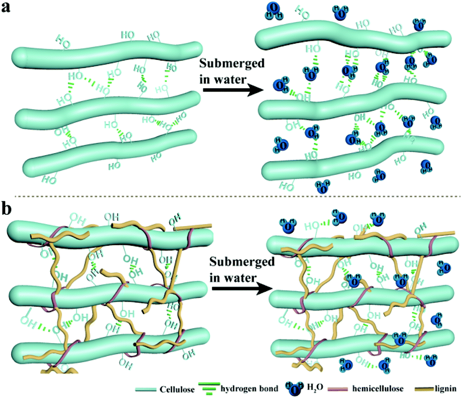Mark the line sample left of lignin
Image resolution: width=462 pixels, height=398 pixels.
422,389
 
